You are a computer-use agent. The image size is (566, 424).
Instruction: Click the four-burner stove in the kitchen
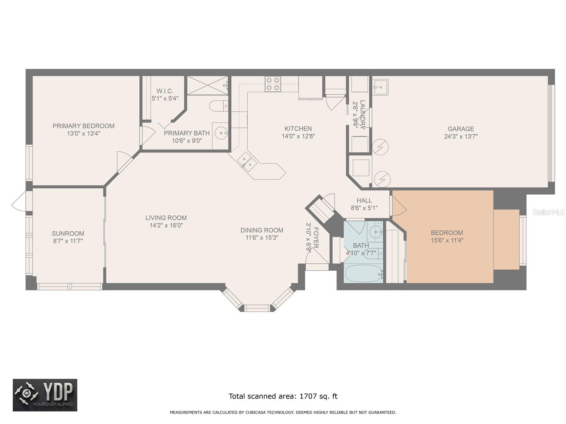272,84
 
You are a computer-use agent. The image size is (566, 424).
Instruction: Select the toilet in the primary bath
219,106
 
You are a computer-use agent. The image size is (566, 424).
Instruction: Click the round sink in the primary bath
221,133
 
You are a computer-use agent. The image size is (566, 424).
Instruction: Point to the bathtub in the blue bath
364,273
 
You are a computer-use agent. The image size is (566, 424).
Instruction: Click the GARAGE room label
461,129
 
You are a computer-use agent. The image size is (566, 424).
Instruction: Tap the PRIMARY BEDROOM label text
83,126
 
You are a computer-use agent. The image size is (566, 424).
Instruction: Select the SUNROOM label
68,233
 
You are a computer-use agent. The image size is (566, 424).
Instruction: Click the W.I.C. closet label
165,91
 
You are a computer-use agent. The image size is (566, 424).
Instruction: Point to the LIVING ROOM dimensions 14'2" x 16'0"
166,225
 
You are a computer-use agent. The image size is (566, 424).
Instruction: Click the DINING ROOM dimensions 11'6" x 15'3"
262,237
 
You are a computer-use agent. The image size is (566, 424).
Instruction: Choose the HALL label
364,200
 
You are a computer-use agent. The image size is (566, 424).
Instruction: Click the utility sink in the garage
380,87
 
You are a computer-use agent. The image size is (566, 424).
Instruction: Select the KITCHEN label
298,129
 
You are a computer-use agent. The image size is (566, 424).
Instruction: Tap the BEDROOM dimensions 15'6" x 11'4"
447,240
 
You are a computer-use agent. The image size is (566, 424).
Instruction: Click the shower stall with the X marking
208,86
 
